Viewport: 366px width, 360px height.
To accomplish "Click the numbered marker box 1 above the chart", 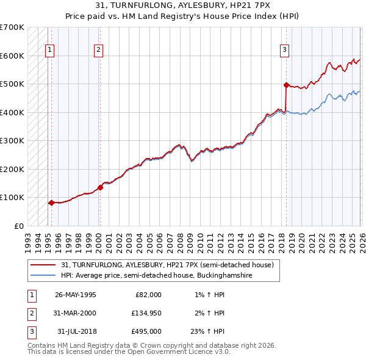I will pyautogui.click(x=49, y=51).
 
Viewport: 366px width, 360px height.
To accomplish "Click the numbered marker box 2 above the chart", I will pyautogui.click(x=99, y=51).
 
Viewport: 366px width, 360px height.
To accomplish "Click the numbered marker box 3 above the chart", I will pyautogui.click(x=285, y=51).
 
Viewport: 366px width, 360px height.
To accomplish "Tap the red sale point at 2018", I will pyautogui.click(x=286, y=85).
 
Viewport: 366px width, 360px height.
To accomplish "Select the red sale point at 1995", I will pyautogui.click(x=51, y=203).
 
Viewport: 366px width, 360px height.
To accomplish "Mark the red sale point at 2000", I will pyautogui.click(x=100, y=187).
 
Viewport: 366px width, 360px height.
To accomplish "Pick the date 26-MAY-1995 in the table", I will pyautogui.click(x=75, y=295).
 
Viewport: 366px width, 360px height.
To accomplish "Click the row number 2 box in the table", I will pyautogui.click(x=30, y=313).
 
